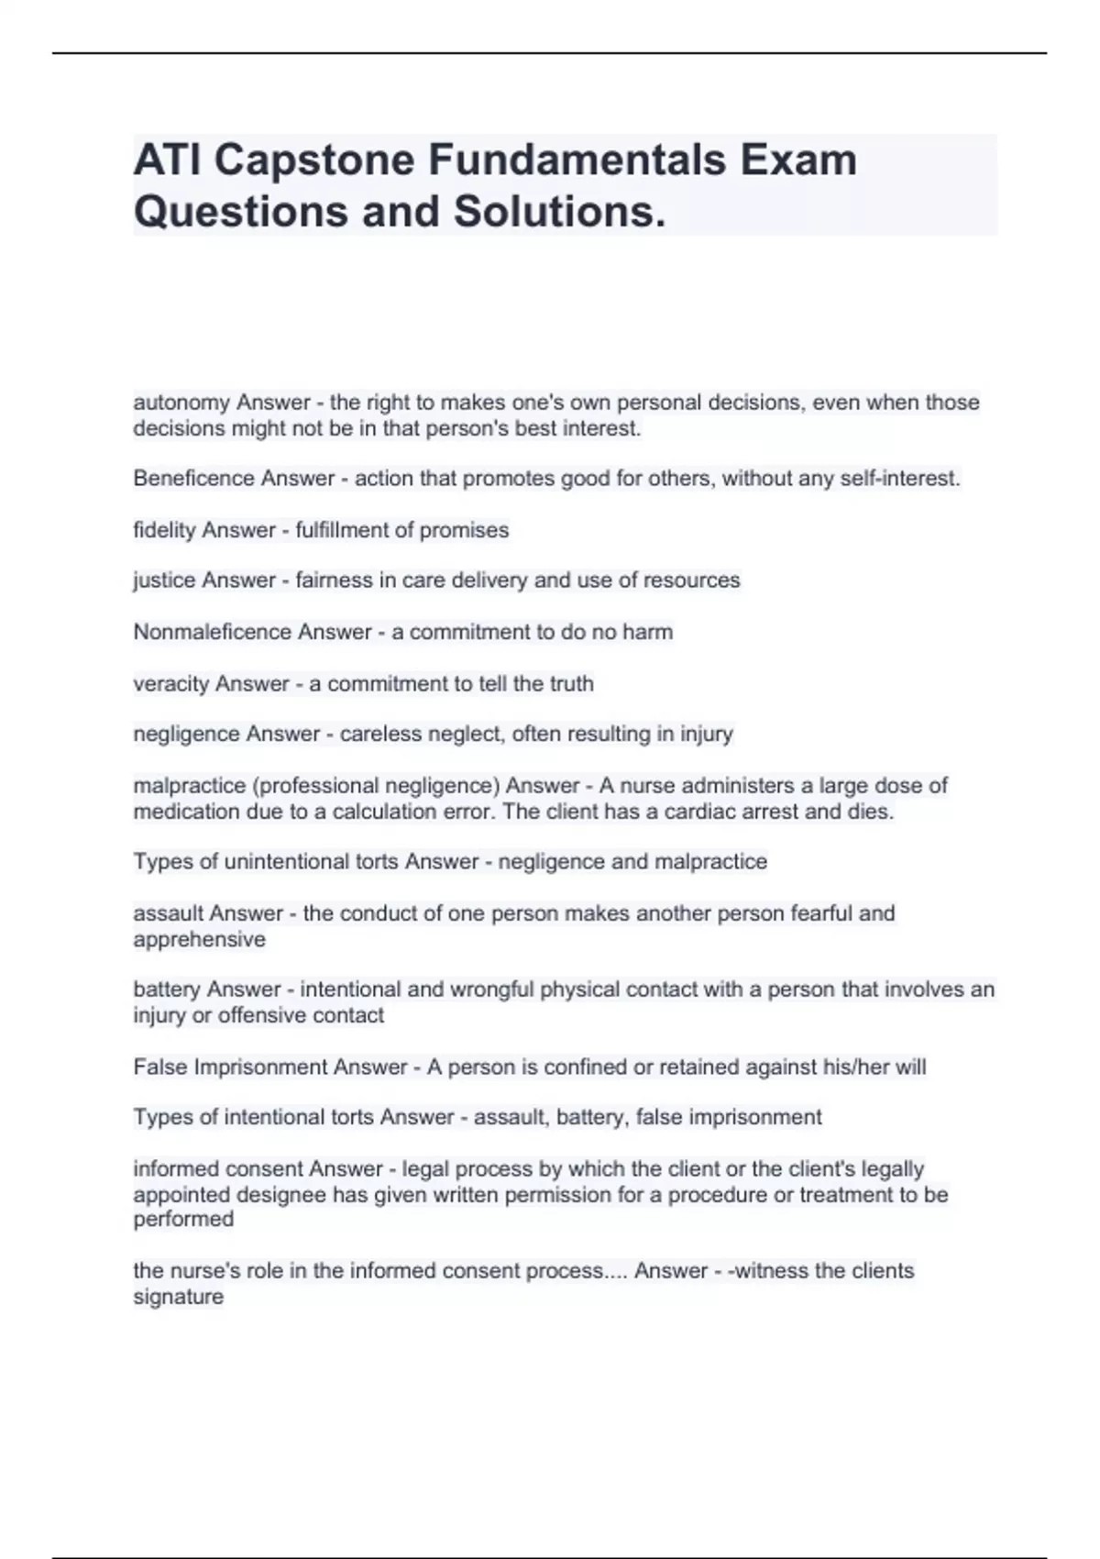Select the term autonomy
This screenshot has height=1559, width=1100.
pyautogui.click(x=181, y=403)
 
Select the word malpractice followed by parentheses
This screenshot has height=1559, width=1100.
pyautogui.click(x=189, y=786)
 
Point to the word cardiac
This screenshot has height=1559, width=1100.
pyautogui.click(x=699, y=812)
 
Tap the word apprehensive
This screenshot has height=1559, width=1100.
pyautogui.click(x=199, y=939)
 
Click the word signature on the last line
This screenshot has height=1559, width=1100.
pyautogui.click(x=178, y=1297)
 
